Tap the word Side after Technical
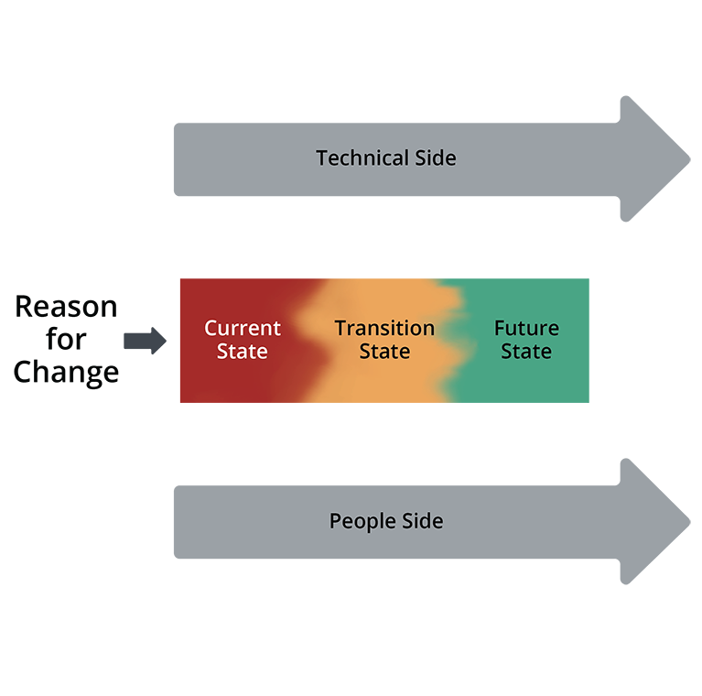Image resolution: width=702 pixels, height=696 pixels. pyautogui.click(x=436, y=158)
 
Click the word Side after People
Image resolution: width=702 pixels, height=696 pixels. pyautogui.click(x=422, y=521)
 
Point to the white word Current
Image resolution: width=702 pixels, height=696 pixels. pyautogui.click(x=243, y=328)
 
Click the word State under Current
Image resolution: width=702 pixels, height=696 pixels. pyautogui.click(x=243, y=352)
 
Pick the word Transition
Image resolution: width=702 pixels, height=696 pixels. pyautogui.click(x=384, y=328)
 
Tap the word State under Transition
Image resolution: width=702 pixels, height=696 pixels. pyautogui.click(x=384, y=352)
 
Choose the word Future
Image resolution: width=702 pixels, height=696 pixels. pyautogui.click(x=526, y=328)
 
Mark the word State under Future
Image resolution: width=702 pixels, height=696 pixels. pyautogui.click(x=526, y=352)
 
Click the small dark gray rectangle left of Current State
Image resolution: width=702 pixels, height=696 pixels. pyautogui.click(x=150, y=344)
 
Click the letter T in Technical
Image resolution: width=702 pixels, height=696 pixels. pyautogui.click(x=322, y=158)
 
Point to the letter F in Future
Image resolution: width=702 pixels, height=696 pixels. pyautogui.click(x=500, y=328)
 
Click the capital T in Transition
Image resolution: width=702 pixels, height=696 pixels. pyautogui.click(x=340, y=328)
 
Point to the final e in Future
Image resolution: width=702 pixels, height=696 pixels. pyautogui.click(x=553, y=329)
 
